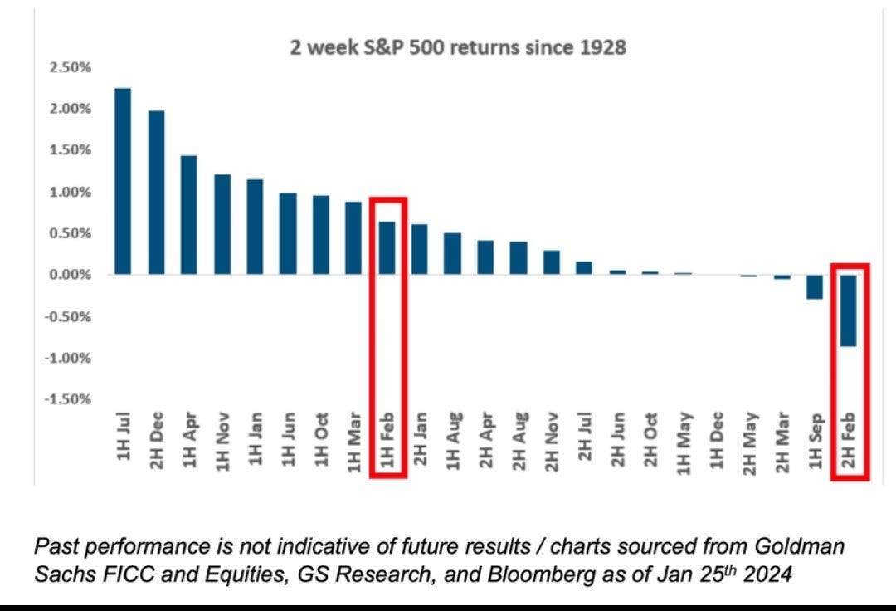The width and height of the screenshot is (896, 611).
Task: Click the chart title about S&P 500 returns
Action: [x=464, y=48]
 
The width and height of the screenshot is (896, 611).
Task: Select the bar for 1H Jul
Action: [x=123, y=181]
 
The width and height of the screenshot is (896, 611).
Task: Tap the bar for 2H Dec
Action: [x=156, y=193]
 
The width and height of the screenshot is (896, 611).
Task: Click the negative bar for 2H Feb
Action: [x=849, y=310]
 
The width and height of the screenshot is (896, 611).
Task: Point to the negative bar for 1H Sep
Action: [x=816, y=287]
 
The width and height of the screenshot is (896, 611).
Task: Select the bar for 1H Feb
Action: [x=387, y=248]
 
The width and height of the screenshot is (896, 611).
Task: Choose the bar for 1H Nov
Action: [x=222, y=224]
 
